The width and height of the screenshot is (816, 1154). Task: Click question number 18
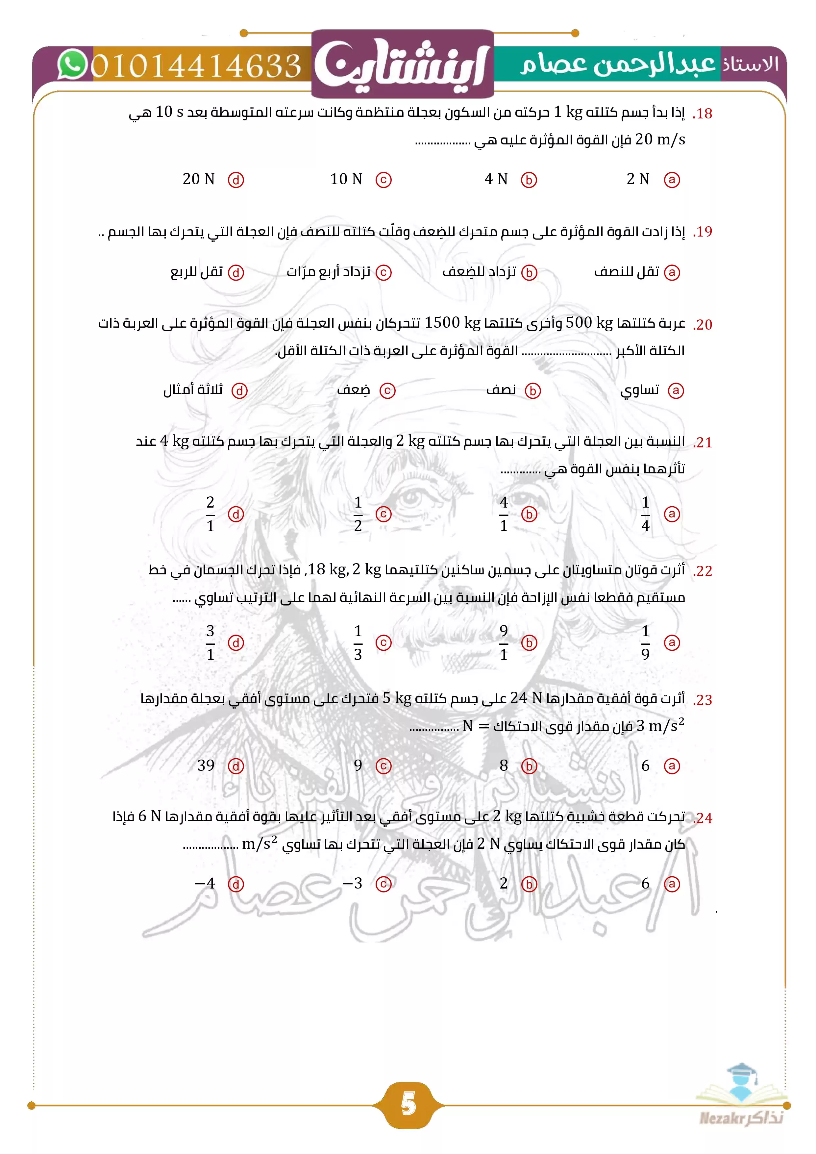pos(703,113)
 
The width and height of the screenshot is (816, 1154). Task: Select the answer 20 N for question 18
pos(198,179)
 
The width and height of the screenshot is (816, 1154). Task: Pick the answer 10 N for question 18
pos(346,179)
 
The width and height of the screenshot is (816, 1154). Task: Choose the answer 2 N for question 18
pos(638,179)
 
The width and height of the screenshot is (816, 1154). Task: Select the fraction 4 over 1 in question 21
pos(504,514)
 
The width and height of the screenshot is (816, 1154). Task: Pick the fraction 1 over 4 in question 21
pos(646,514)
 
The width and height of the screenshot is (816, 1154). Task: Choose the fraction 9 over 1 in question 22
pos(504,642)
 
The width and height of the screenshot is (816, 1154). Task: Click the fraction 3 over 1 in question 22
pos(210,642)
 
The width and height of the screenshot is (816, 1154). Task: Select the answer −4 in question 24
pos(205,883)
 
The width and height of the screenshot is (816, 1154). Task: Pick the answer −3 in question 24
pos(353,883)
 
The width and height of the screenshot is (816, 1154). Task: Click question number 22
pos(703,571)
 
